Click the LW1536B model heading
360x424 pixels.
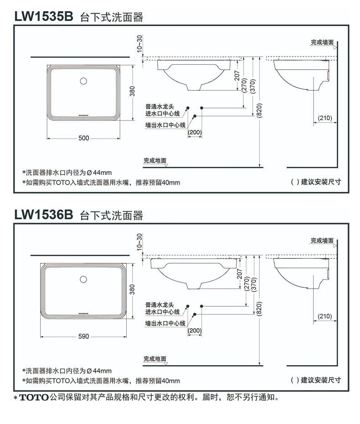coord(43,214)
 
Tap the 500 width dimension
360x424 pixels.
coord(84,138)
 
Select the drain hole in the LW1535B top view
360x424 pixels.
coord(83,82)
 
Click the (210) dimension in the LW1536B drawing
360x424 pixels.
coord(325,316)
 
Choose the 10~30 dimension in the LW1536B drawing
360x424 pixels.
coord(139,241)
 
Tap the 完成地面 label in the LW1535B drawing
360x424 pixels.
coord(155,160)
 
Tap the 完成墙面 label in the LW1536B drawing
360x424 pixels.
coord(322,240)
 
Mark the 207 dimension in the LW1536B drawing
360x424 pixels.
coord(240,274)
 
